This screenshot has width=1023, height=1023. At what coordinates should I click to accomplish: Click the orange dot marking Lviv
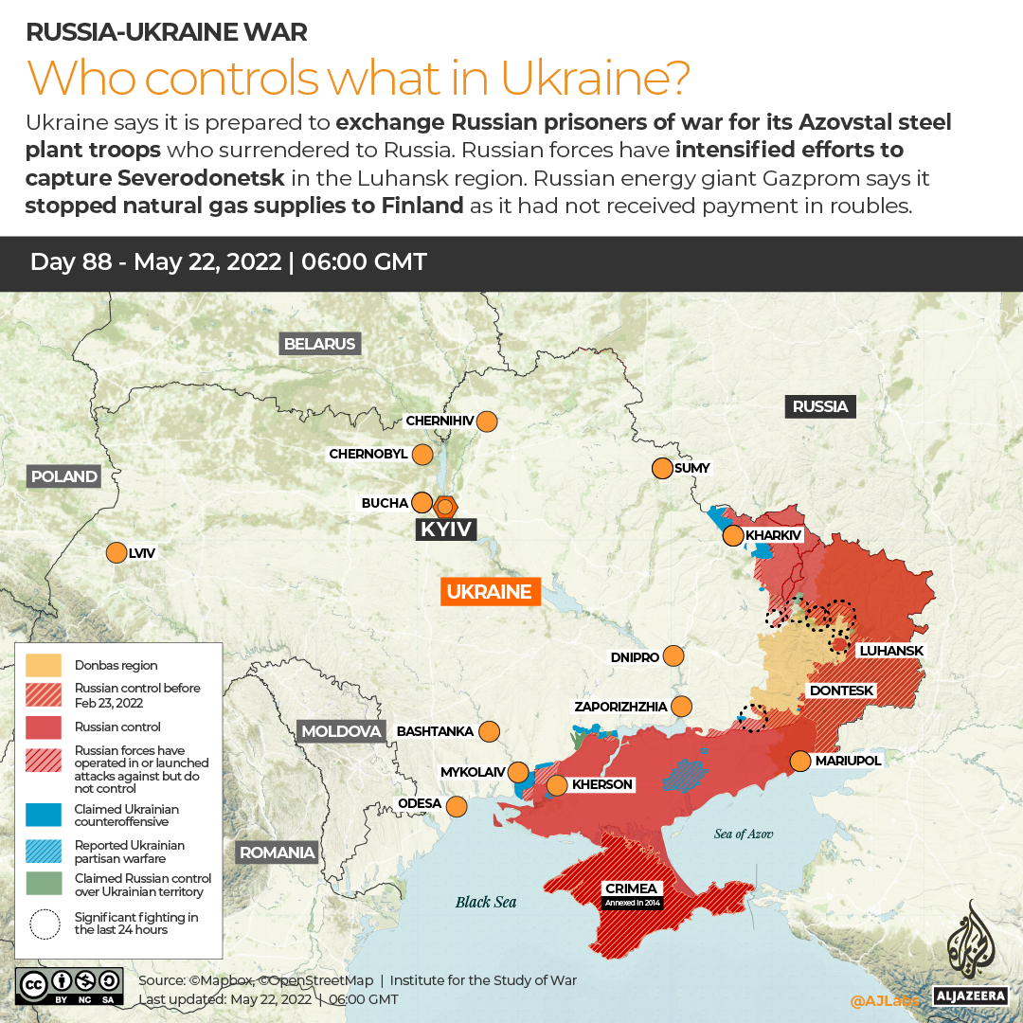coord(117,552)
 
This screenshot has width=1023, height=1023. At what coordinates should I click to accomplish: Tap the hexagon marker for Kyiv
coord(445,505)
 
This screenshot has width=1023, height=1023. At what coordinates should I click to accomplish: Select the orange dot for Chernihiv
coord(487,422)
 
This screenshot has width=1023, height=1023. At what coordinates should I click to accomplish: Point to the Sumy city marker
coord(662,468)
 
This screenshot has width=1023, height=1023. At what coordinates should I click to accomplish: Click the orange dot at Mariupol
coord(800,761)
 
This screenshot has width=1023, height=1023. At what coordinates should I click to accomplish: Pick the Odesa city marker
coord(457,806)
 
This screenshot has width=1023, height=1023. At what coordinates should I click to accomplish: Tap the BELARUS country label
coord(319,344)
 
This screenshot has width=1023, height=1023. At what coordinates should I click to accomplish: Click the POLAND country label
coord(63,476)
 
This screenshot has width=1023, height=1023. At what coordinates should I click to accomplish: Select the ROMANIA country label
coord(277,852)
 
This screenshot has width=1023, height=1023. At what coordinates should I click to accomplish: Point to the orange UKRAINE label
coord(489,592)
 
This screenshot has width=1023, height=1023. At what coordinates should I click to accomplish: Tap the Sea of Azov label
coord(744,834)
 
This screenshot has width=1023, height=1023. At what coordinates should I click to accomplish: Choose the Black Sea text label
coord(486,902)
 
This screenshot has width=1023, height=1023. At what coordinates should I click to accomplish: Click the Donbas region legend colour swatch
coord(44,665)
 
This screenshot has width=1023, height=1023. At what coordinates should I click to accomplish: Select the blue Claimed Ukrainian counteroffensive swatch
coord(44,815)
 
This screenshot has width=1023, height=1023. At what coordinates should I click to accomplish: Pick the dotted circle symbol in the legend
coord(44,924)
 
